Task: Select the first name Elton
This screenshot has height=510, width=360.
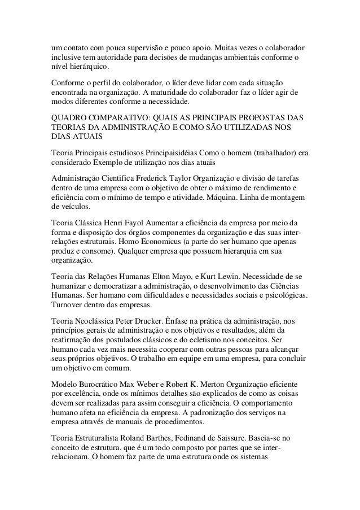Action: coord(161,277)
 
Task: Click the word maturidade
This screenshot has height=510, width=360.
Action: coord(170,92)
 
